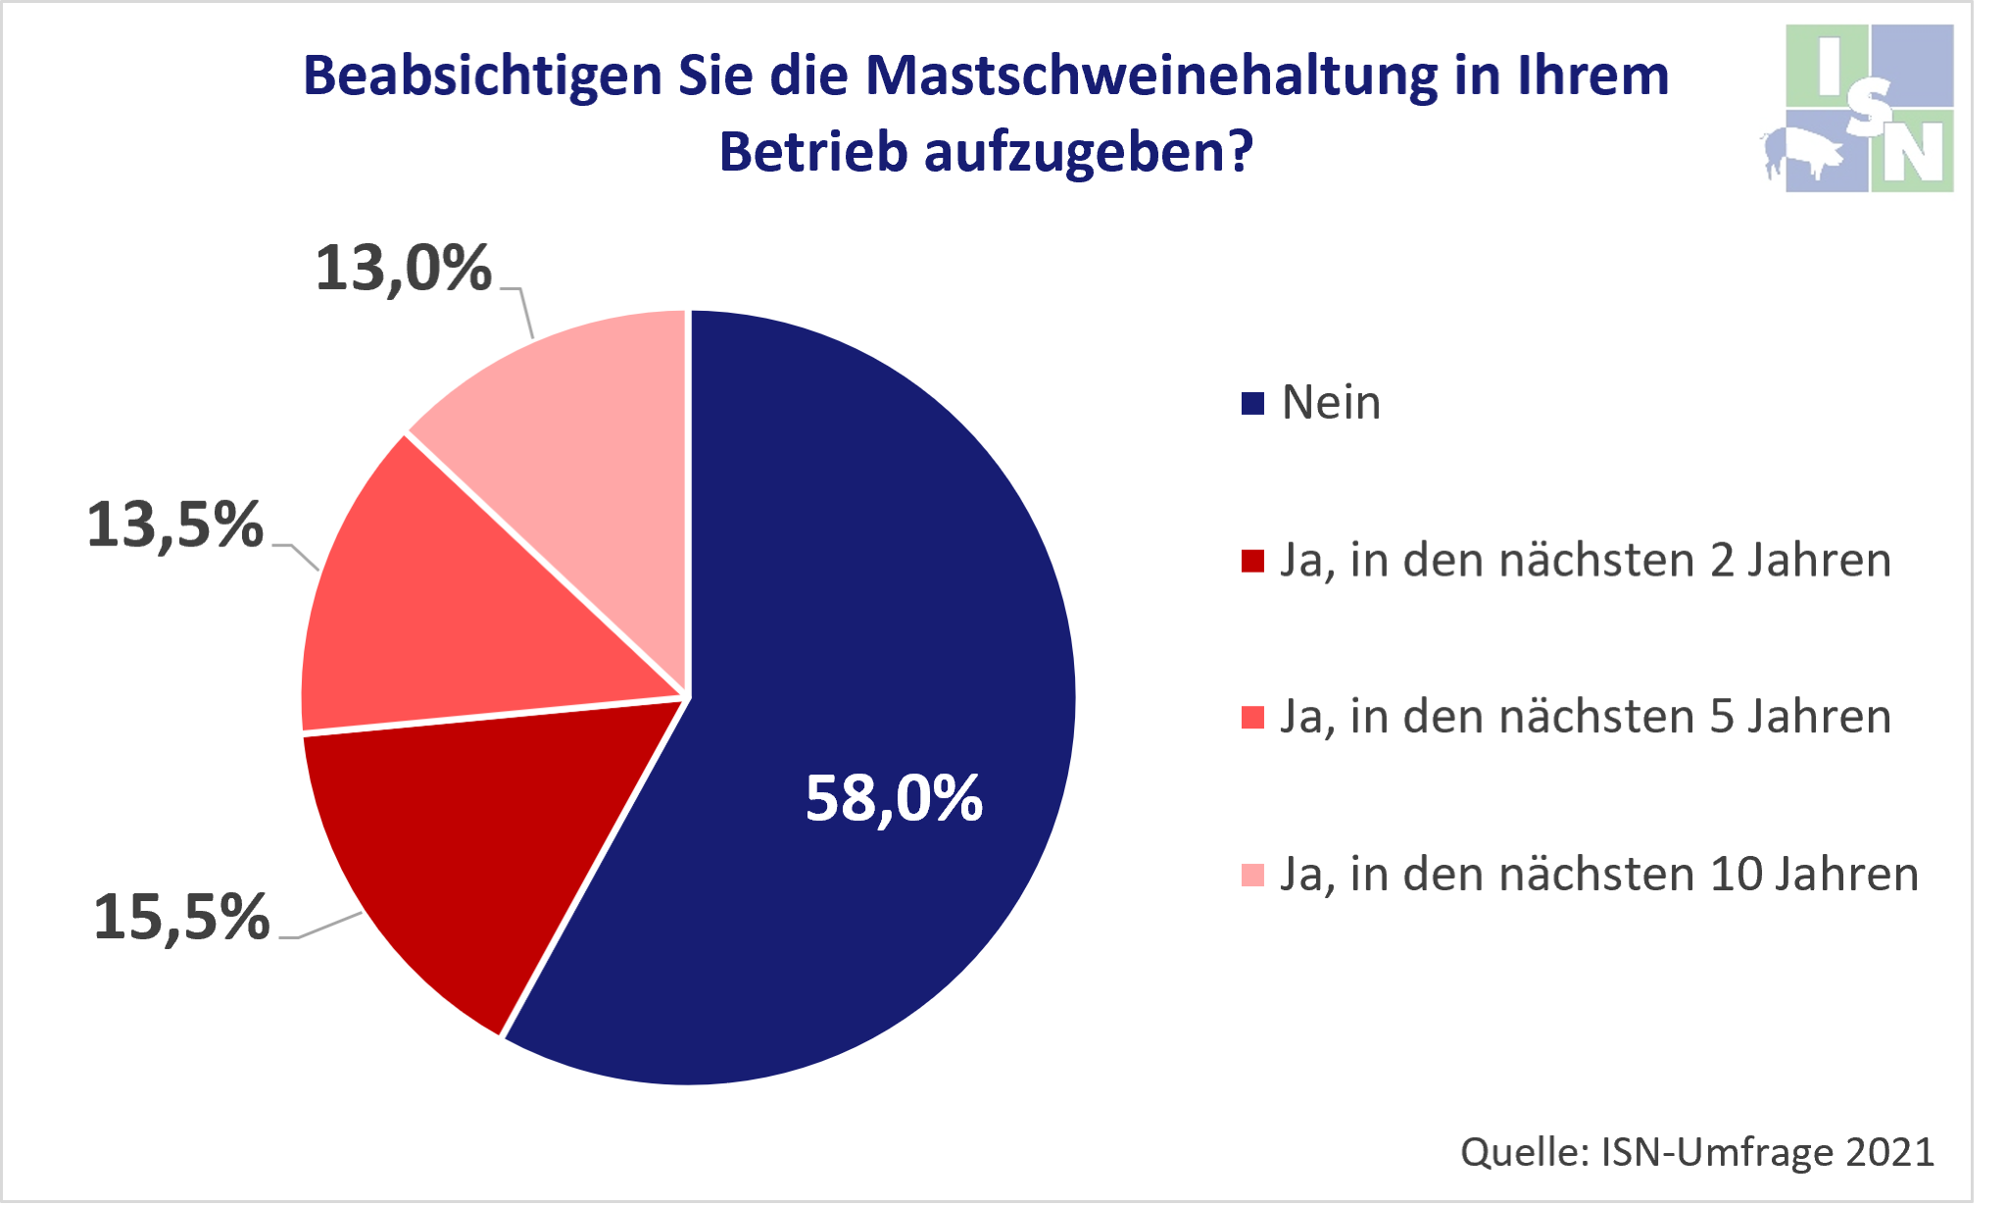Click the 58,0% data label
(x=894, y=799)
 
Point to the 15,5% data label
(x=181, y=918)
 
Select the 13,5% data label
(x=175, y=525)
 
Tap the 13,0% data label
(x=403, y=268)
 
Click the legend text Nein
(x=1331, y=403)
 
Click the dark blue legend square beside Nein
(x=1252, y=404)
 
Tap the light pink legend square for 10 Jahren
(x=1252, y=875)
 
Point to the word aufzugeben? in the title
(x=1088, y=153)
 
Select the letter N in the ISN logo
(x=1914, y=152)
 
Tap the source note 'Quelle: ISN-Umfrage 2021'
(x=1697, y=1152)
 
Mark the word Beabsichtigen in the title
(x=482, y=76)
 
